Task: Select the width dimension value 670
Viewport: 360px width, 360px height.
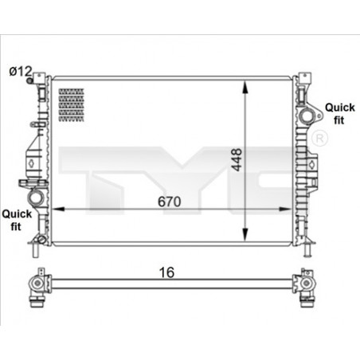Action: pyautogui.click(x=169, y=202)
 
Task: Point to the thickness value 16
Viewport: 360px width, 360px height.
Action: pyautogui.click(x=166, y=272)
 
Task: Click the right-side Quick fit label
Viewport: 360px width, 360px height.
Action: pyautogui.click(x=339, y=114)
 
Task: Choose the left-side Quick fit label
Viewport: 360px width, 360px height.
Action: pyautogui.click(x=16, y=219)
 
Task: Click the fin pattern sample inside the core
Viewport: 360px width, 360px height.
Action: pyautogui.click(x=72, y=100)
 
